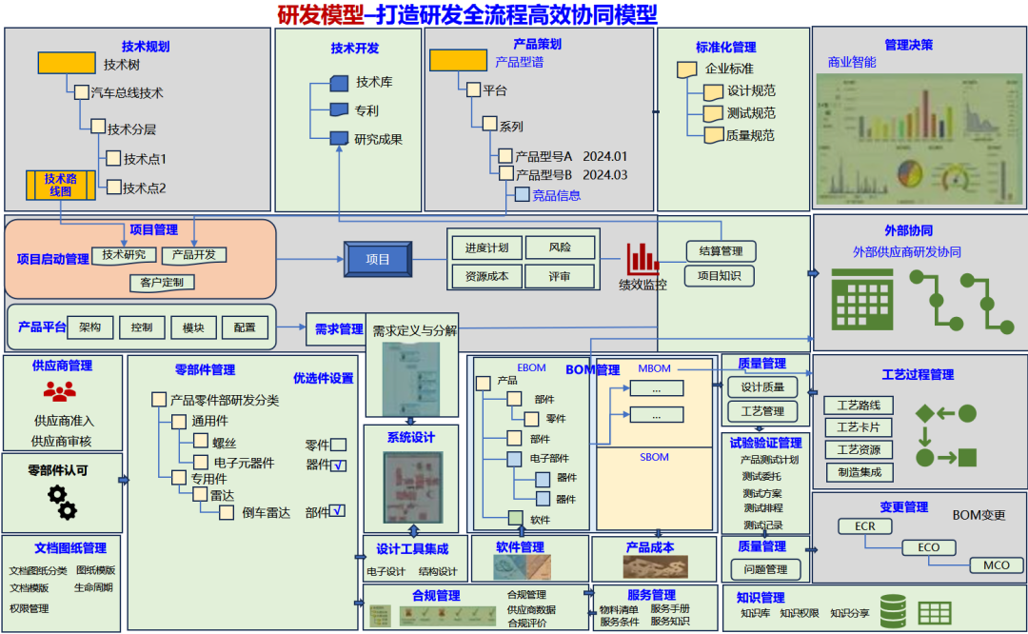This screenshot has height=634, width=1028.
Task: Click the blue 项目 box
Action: click(x=378, y=259)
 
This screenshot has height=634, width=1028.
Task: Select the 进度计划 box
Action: click(x=485, y=248)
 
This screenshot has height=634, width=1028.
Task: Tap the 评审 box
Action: click(x=560, y=277)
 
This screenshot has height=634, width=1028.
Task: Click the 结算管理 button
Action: click(x=721, y=251)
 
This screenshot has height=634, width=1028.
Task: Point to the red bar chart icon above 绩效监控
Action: click(x=642, y=259)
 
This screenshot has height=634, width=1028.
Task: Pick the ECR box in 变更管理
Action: click(x=864, y=526)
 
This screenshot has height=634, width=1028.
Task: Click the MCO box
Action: click(x=996, y=565)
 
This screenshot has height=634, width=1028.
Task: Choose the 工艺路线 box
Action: click(x=859, y=405)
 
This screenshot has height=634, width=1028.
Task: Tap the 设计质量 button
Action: click(x=762, y=387)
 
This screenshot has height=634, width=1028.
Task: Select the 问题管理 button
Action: click(x=762, y=570)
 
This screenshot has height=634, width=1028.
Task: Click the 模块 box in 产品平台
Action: click(x=193, y=327)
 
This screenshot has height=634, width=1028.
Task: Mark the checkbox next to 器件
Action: click(x=339, y=466)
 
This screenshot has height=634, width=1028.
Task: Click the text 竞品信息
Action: click(x=557, y=195)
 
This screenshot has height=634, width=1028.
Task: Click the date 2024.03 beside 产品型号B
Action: click(x=605, y=175)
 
